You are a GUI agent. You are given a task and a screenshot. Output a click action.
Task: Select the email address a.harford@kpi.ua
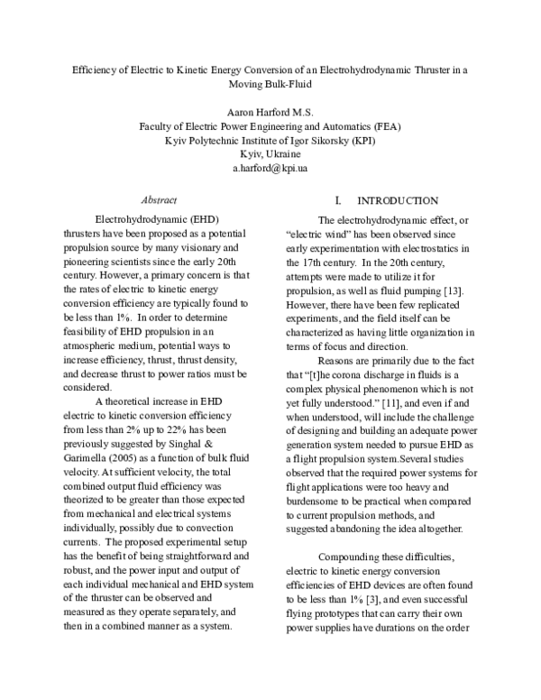coord(270,169)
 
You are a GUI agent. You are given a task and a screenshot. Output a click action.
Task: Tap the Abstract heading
coord(160,199)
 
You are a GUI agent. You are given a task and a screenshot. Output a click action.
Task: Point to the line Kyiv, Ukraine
coord(270,154)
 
